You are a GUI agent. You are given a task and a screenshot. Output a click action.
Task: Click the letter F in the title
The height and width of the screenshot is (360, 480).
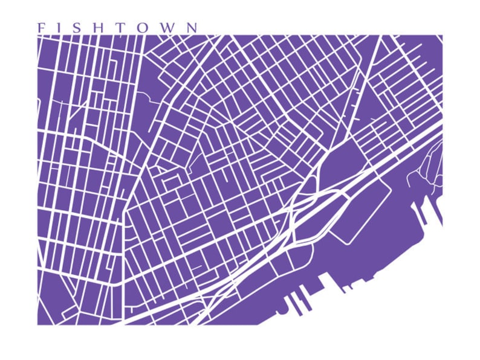pyautogui.click(x=41, y=28)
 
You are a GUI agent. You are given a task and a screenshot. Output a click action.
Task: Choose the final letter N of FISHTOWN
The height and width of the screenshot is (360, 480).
pyautogui.click(x=192, y=28)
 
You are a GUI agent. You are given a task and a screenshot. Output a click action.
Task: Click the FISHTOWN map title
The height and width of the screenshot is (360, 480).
pyautogui.click(x=117, y=28)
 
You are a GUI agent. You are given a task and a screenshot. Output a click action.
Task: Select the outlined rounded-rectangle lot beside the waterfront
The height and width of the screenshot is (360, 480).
pyautogui.click(x=361, y=211)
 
